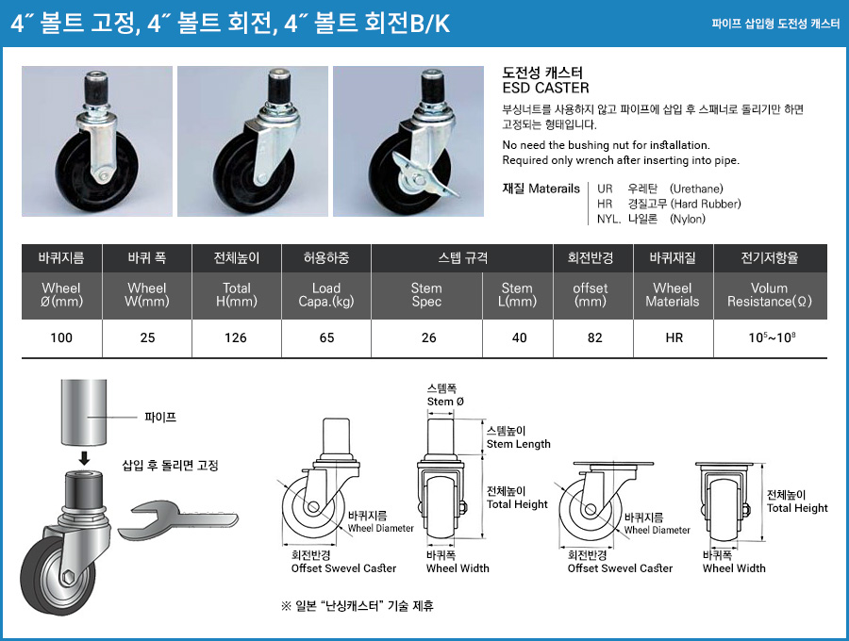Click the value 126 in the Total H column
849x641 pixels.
coord(236,338)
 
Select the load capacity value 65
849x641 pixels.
coord(326,338)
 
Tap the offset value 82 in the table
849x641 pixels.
coord(594,338)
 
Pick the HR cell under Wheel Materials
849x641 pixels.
coord(674,338)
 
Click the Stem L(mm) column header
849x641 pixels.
coord(517,295)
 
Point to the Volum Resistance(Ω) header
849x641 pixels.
coord(770,295)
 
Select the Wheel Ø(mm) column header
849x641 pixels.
coord(61,295)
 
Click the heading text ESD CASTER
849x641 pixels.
coord(545,89)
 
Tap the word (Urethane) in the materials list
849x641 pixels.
coord(696,189)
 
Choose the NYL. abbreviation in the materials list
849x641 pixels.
coord(608,219)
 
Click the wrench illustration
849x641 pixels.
coord(177,520)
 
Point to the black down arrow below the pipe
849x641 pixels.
coord(84,458)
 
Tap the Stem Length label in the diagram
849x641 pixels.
coord(518,444)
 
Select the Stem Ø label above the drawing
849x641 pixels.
coord(445,402)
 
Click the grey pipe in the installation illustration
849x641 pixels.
coord(83,412)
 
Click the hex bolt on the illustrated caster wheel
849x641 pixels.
coord(68,577)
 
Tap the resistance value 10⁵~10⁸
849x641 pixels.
coord(772,337)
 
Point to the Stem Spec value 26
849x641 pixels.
coord(428,338)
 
